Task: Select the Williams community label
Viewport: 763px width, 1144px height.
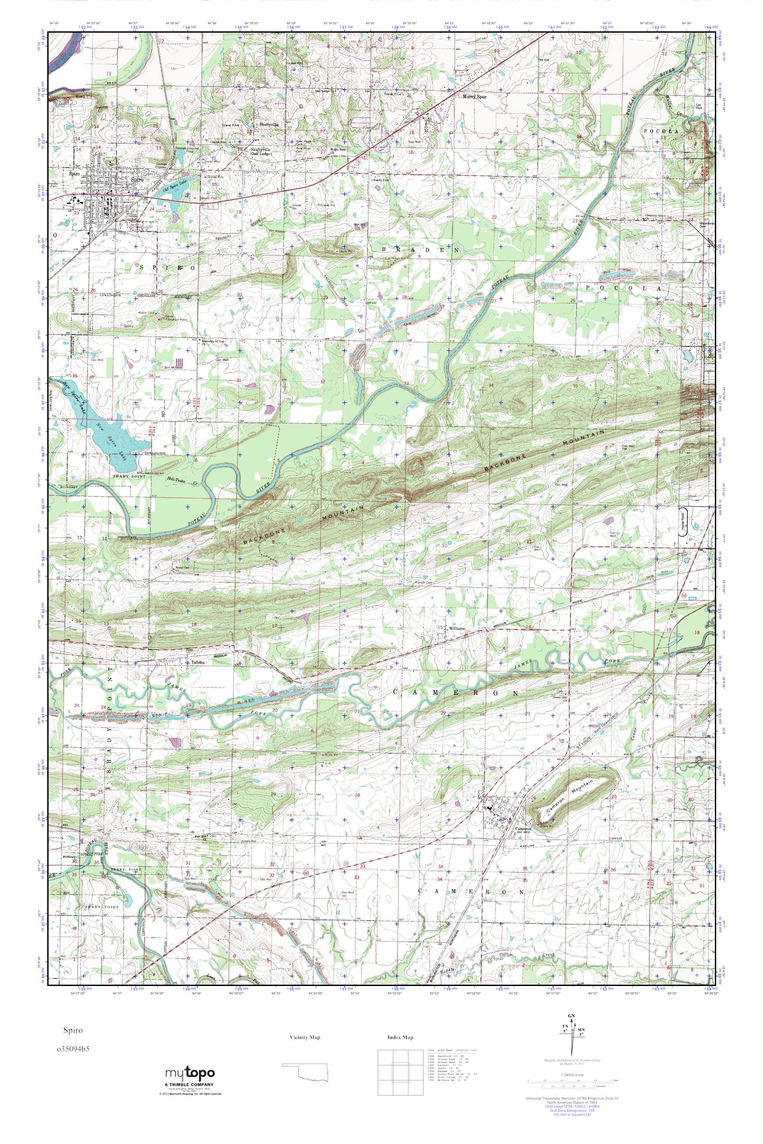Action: (x=458, y=628)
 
